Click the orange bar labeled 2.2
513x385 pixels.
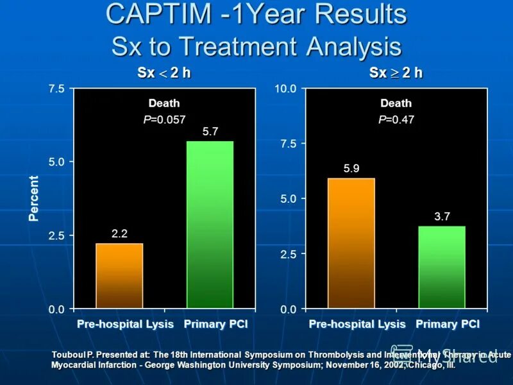119,276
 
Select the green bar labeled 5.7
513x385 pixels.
210,225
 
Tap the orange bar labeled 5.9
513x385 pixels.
351,244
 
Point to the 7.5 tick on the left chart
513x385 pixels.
56,89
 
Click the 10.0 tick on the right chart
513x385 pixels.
285,89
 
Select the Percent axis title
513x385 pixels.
33,199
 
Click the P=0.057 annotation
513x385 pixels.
164,119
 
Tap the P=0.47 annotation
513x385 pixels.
396,119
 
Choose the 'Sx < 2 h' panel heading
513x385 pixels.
164,73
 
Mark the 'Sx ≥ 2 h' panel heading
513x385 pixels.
396,73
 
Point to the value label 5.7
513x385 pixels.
210,132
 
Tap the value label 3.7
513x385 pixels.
442,217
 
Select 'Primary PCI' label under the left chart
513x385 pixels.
215,324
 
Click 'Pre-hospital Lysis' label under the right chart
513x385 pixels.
357,324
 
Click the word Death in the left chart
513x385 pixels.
164,103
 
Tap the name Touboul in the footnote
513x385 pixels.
67,354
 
